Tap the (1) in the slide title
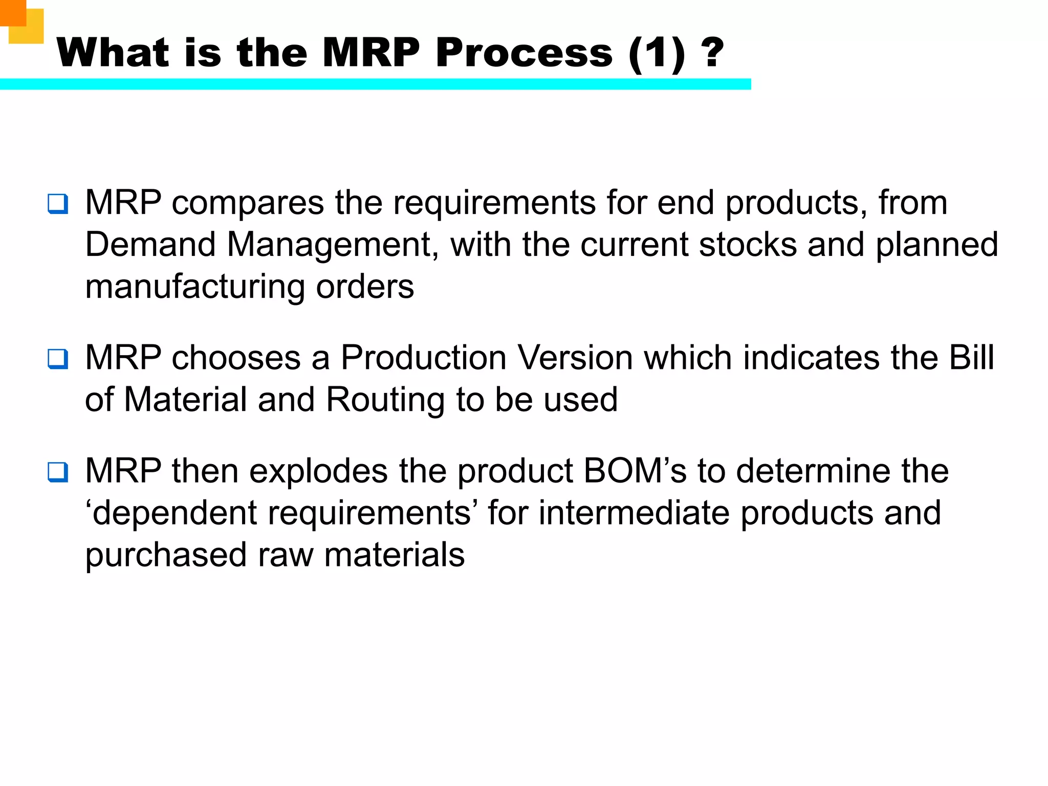(x=657, y=54)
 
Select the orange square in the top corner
(x=12, y=12)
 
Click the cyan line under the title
(x=375, y=84)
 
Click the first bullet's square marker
(x=58, y=204)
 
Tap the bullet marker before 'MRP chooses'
(x=58, y=359)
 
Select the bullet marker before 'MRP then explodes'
(x=58, y=472)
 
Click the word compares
(x=248, y=203)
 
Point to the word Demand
(x=150, y=245)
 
